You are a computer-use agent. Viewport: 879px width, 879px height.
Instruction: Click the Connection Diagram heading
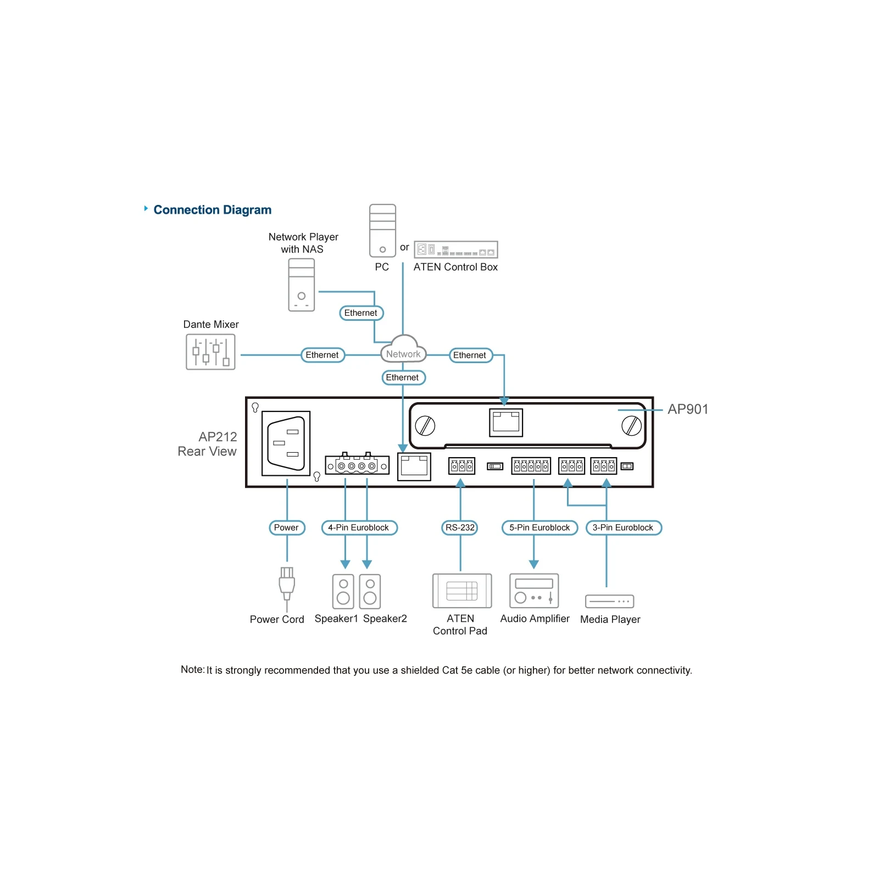[x=212, y=210]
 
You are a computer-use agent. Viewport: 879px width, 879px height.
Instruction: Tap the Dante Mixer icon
[x=210, y=352]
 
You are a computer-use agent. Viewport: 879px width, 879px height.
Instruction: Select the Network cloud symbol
[x=403, y=349]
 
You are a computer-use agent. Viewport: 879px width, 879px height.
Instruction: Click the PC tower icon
[x=382, y=231]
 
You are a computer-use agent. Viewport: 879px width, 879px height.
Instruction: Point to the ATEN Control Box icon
[x=455, y=249]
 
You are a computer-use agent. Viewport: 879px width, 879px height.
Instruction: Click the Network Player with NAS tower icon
[x=302, y=285]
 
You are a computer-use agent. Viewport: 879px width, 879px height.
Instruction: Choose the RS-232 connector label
[x=460, y=527]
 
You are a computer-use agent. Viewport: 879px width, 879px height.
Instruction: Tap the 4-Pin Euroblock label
[x=359, y=527]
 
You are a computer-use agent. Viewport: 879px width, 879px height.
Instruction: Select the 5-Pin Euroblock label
[x=539, y=527]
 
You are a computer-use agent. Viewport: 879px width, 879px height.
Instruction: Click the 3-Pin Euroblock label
[x=624, y=527]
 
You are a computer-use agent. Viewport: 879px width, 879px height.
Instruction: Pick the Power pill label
[x=286, y=527]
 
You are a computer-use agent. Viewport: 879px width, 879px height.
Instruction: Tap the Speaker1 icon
[x=343, y=591]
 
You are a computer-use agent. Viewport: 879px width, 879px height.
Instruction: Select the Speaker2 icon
[x=370, y=591]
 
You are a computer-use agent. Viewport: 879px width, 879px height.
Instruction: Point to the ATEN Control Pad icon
[x=462, y=591]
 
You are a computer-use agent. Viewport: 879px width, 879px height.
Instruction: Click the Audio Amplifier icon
[x=534, y=591]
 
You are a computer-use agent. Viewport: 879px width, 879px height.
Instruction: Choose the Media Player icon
[x=610, y=602]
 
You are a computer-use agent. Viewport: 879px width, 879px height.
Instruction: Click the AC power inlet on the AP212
[x=286, y=443]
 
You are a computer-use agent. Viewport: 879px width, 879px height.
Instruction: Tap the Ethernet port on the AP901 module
[x=506, y=422]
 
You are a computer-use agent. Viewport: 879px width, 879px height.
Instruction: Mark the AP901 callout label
[x=688, y=409]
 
